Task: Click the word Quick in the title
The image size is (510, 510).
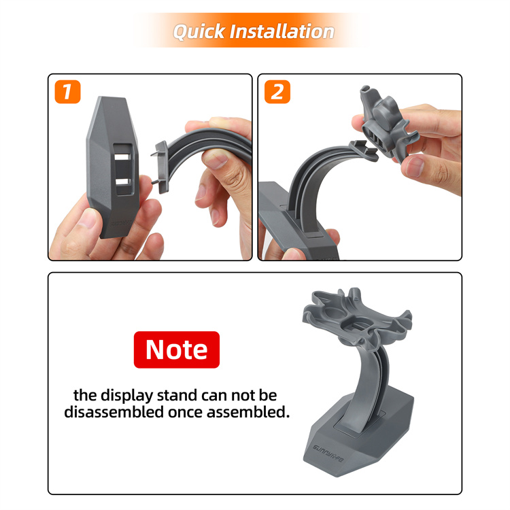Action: click(x=199, y=32)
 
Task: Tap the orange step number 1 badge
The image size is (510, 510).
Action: click(x=67, y=92)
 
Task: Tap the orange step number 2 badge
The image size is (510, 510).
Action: click(x=277, y=92)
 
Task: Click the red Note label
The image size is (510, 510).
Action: click(x=177, y=350)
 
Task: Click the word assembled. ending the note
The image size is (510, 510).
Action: click(x=248, y=412)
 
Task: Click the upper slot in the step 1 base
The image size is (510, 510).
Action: click(x=122, y=156)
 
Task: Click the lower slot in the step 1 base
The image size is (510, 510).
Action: click(x=123, y=182)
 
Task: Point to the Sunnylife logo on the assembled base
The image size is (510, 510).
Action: click(x=328, y=454)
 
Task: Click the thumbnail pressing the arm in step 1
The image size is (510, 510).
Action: click(x=215, y=160)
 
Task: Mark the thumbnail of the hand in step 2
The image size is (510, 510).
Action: click(x=413, y=167)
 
